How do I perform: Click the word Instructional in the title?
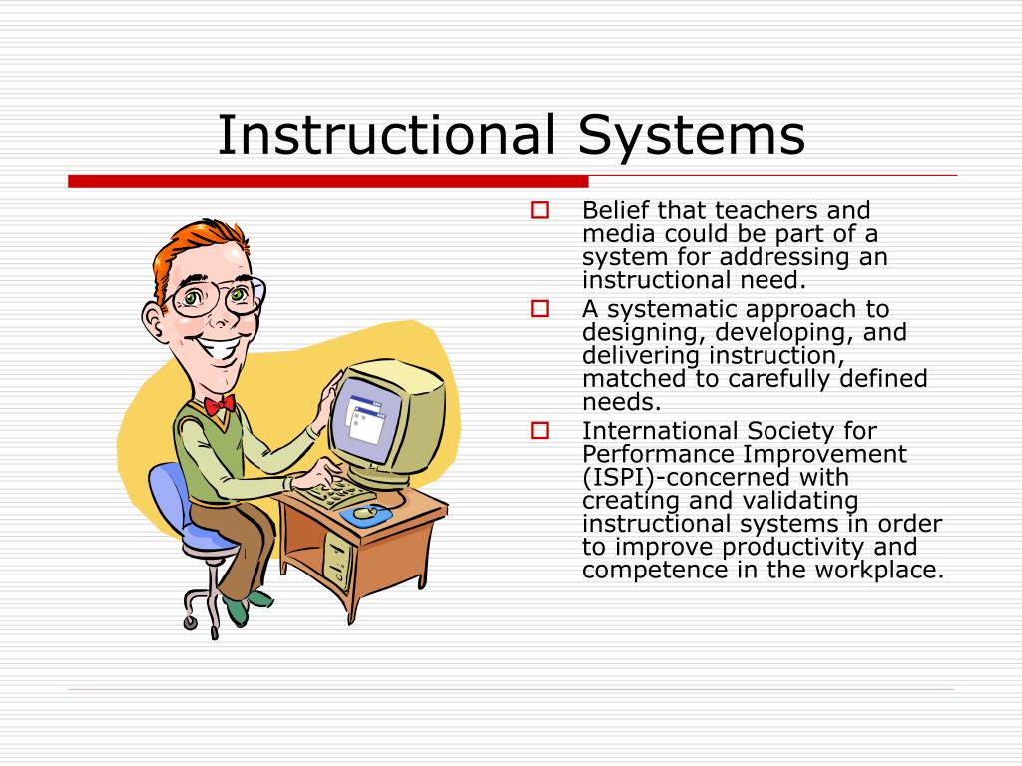386,135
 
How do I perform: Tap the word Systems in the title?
692,138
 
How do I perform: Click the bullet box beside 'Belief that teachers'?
540,210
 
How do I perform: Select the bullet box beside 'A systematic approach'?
540,308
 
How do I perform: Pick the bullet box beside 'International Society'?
540,430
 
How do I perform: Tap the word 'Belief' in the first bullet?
616,210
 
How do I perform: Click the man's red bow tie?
219,405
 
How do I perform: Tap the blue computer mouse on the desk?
366,515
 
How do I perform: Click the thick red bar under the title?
327,182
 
